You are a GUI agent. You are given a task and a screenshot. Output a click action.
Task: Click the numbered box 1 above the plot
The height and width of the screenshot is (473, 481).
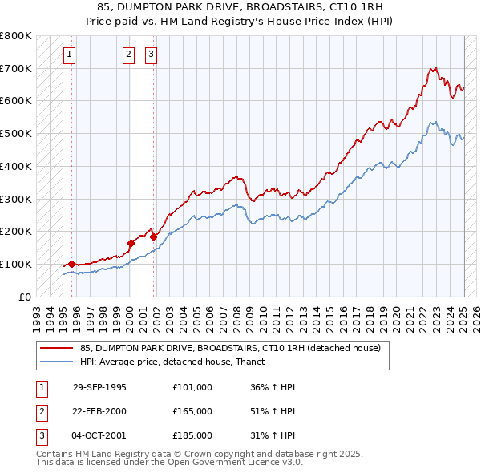(x=69, y=55)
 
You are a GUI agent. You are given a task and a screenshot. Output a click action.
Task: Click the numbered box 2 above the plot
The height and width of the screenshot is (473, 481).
(x=128, y=55)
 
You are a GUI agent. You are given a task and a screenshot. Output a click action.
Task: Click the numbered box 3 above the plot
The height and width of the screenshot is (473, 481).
(x=151, y=55)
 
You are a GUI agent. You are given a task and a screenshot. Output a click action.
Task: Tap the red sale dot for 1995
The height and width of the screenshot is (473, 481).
(x=71, y=263)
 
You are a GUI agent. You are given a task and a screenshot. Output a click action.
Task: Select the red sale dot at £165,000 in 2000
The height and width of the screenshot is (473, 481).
(x=130, y=242)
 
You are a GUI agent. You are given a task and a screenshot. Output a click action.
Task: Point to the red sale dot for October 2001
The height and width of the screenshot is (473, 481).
(x=152, y=236)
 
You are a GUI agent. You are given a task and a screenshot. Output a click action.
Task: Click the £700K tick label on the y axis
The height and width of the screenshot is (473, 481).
(x=16, y=68)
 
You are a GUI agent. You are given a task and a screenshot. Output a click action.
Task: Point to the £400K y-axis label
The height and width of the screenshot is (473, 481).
(x=16, y=166)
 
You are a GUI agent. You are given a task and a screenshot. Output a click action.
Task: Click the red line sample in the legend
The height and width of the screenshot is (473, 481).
(x=57, y=348)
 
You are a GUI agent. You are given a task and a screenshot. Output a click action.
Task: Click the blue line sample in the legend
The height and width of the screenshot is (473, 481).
(x=57, y=362)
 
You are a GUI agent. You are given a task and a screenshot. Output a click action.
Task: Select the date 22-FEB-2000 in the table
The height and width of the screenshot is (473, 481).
(x=99, y=411)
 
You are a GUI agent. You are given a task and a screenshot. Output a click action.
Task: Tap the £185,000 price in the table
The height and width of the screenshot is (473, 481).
(x=192, y=435)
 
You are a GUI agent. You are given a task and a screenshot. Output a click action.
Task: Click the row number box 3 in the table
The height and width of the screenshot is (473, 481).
(x=41, y=435)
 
